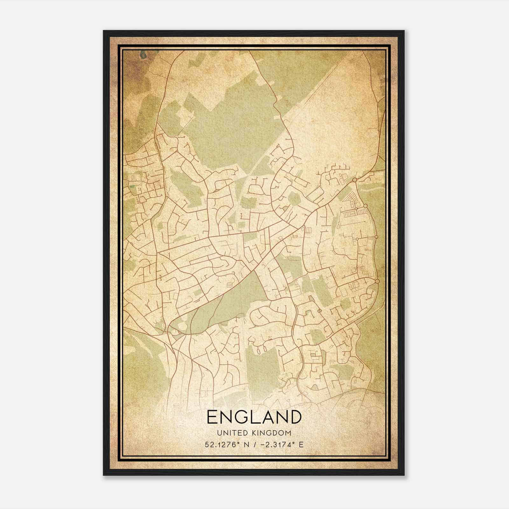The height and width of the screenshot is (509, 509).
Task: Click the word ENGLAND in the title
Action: pyautogui.click(x=254, y=417)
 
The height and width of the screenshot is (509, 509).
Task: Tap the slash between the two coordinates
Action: pyautogui.click(x=253, y=444)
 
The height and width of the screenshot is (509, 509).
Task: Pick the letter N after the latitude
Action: pyautogui.click(x=245, y=444)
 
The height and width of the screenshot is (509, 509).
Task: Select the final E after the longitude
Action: pyautogui.click(x=301, y=444)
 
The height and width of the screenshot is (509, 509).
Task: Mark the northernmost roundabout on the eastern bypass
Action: pyautogui.click(x=354, y=180)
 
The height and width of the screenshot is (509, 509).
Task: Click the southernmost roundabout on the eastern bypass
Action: pyautogui.click(x=377, y=281)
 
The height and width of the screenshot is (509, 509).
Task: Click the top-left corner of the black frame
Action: pyautogui.click(x=104, y=31)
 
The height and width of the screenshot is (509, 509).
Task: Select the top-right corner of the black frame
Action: pyautogui.click(x=404, y=31)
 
